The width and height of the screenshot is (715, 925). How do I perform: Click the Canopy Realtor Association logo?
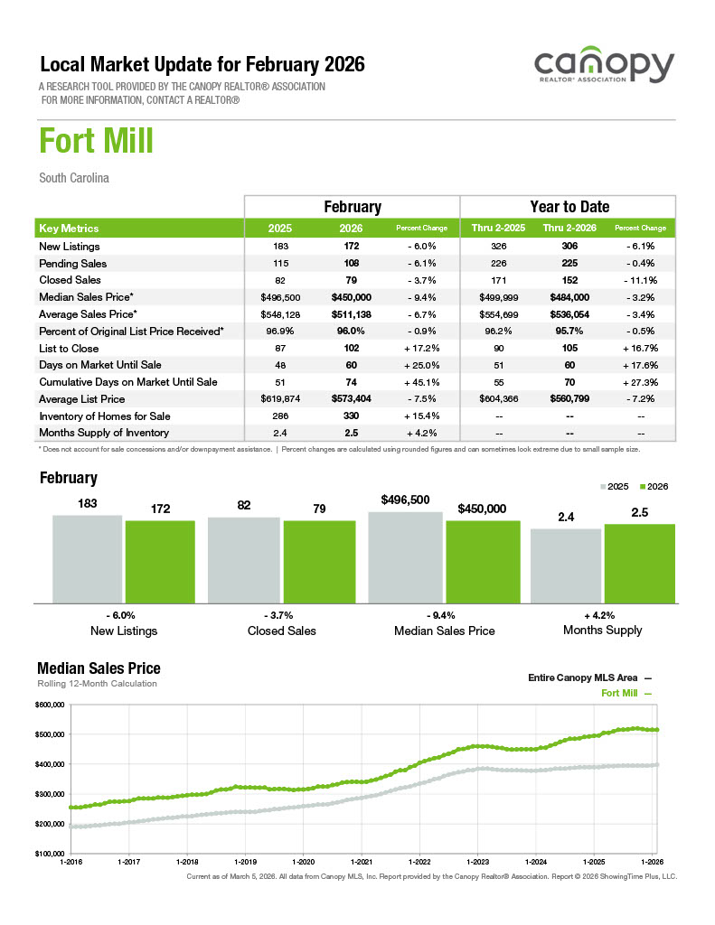[x=603, y=69]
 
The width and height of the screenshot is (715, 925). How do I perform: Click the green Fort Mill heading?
[x=96, y=142]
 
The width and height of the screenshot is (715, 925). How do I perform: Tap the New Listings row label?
[x=70, y=247]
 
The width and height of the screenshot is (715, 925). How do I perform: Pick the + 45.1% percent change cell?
[x=422, y=382]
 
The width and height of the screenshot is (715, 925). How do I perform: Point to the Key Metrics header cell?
[x=70, y=229]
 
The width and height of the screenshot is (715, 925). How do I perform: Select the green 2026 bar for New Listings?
[x=160, y=561]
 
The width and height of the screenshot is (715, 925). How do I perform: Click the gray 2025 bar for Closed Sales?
[x=244, y=559]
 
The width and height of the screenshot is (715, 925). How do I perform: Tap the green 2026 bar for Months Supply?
[x=639, y=563]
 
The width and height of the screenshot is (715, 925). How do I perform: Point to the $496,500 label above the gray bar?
[x=405, y=500]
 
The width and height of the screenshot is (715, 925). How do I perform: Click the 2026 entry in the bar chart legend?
[x=654, y=487]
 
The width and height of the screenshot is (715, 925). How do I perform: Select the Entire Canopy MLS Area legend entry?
[x=588, y=677]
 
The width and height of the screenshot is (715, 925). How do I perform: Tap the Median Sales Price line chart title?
[x=99, y=668]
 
